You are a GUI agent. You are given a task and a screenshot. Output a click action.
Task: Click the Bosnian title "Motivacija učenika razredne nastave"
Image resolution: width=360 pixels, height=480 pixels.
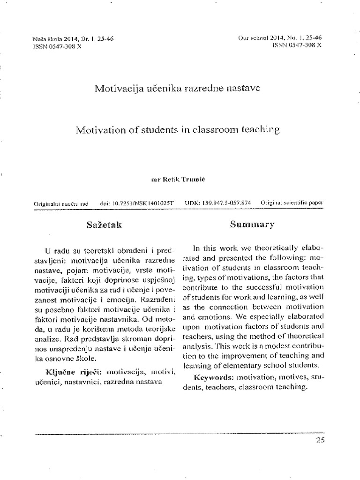178,88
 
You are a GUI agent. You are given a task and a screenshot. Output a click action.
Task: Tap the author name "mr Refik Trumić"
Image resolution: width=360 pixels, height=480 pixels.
178,180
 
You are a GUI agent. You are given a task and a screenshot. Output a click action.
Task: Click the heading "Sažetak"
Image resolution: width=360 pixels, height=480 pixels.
104,225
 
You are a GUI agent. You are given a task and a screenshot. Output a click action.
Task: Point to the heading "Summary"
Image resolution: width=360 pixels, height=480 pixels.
252,225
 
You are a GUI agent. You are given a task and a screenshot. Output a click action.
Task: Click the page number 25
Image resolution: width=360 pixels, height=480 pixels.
320,440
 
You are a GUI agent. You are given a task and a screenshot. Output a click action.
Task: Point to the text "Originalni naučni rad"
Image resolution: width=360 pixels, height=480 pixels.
62,204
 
